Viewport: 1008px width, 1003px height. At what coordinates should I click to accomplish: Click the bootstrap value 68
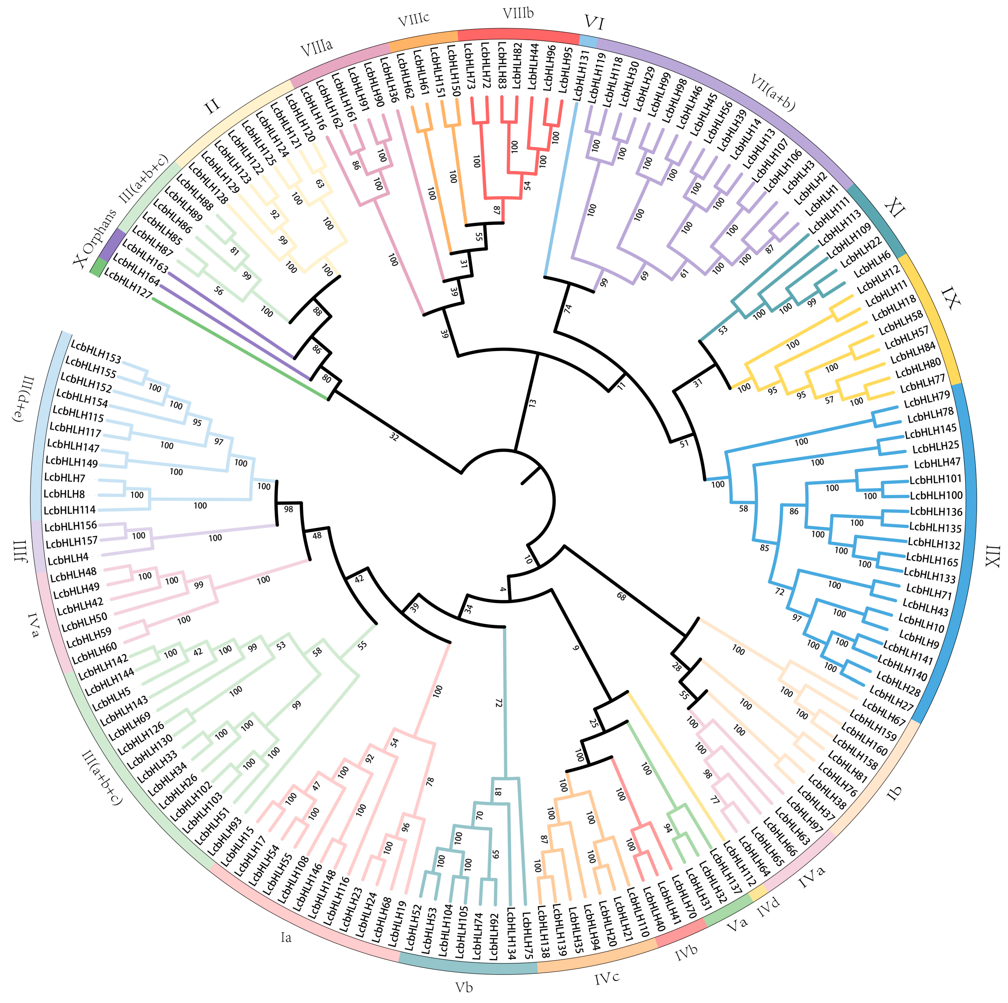(621, 596)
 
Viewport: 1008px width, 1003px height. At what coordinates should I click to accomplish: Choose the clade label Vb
(464, 987)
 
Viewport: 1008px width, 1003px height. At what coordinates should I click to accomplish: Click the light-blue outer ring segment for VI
(588, 40)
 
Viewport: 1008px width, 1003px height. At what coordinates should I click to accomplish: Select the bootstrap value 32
(394, 437)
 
